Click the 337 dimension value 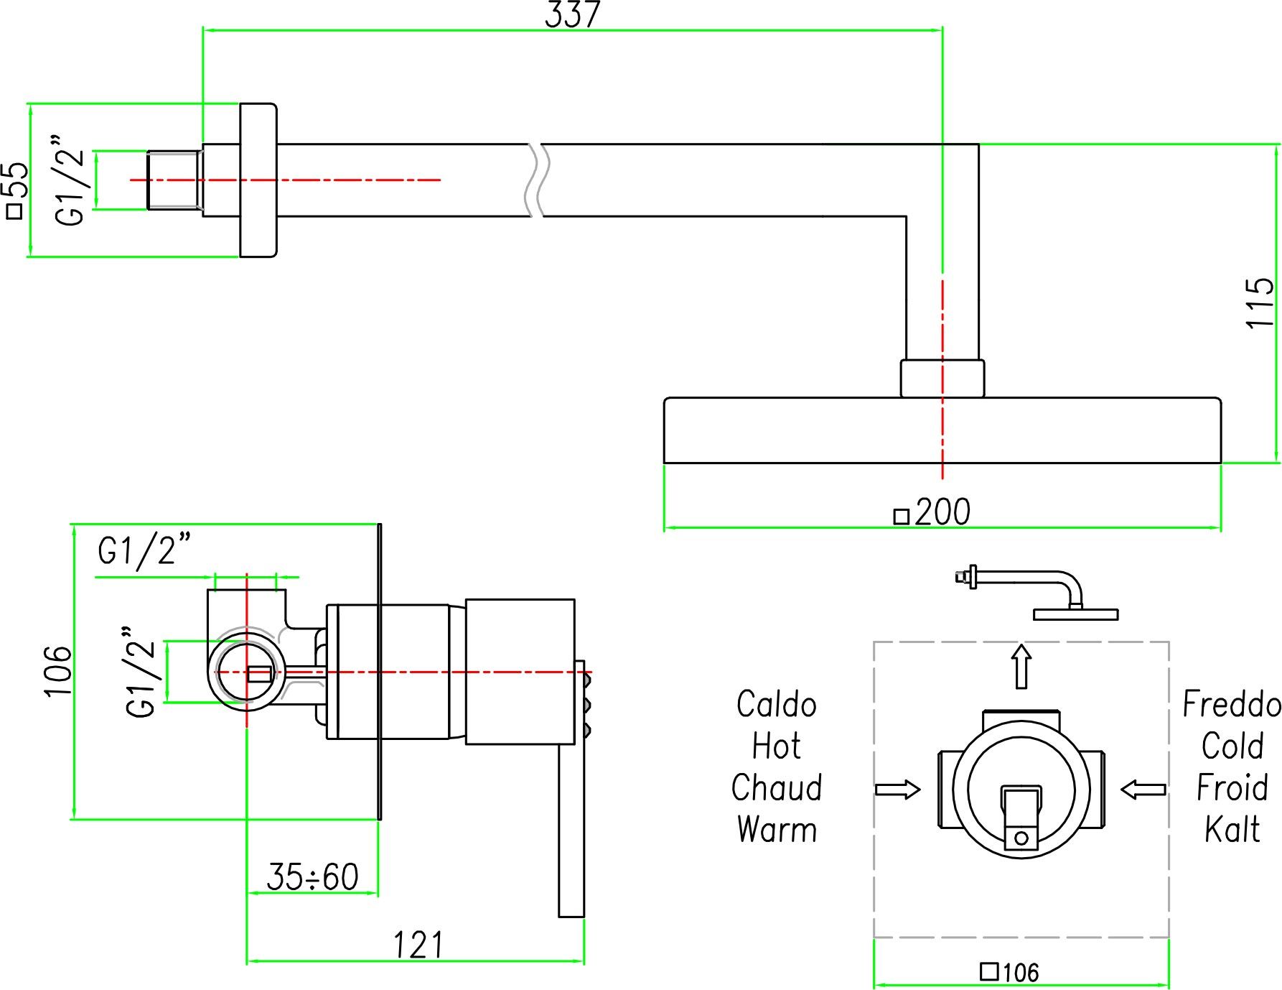tap(572, 14)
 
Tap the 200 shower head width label tap(932, 513)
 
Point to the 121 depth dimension tap(419, 945)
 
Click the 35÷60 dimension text tap(312, 876)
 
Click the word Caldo tap(777, 705)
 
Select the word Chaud tap(777, 788)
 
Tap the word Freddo tap(1232, 705)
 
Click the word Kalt tap(1232, 830)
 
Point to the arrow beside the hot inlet tap(897, 790)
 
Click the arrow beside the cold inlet tap(1143, 790)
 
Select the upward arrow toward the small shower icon tap(1021, 666)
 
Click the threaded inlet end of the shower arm tap(174, 180)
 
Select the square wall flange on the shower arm tap(258, 180)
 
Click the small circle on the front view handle tap(1021, 838)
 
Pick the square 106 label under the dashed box tap(1010, 972)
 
